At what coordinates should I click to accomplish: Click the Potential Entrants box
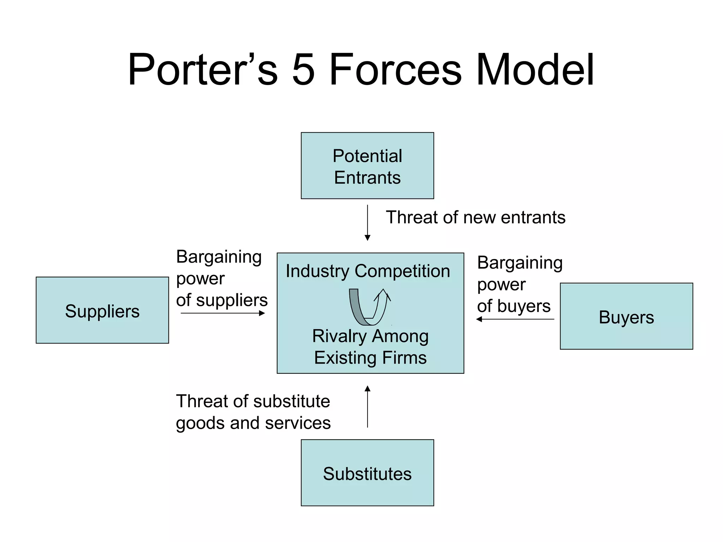coord(367,165)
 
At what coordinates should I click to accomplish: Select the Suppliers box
coord(102,310)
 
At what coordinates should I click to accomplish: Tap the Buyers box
coord(626,316)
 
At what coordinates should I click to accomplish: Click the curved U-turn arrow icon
coord(369,307)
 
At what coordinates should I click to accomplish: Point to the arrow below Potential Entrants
coord(367,222)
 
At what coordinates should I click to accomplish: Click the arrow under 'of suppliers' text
coord(223,313)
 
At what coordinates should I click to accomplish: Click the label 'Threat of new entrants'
coord(475,217)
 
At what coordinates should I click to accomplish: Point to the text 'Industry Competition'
coord(368,271)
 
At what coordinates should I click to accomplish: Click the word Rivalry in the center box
coord(339,336)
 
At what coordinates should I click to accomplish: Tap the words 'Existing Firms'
coord(370,357)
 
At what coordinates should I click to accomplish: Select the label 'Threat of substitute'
coord(253,401)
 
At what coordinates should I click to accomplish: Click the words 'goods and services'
coord(253,423)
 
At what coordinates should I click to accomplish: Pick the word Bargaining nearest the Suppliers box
coord(219,257)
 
